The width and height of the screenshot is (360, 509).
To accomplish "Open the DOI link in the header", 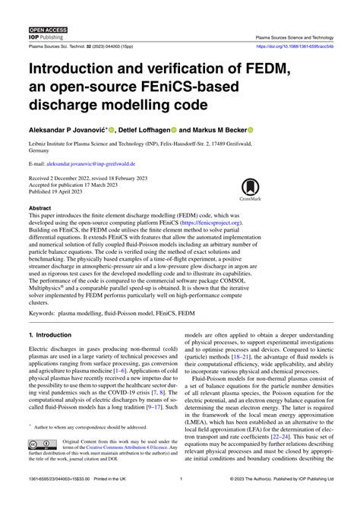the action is click(x=293, y=46).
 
